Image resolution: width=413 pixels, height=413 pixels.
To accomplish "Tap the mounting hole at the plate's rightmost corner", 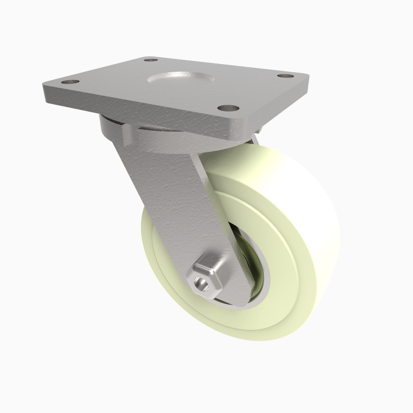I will (284, 75).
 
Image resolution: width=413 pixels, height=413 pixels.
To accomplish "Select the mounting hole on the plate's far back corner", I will (151, 60).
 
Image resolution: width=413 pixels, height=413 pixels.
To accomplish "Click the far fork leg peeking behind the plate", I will (255, 138).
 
